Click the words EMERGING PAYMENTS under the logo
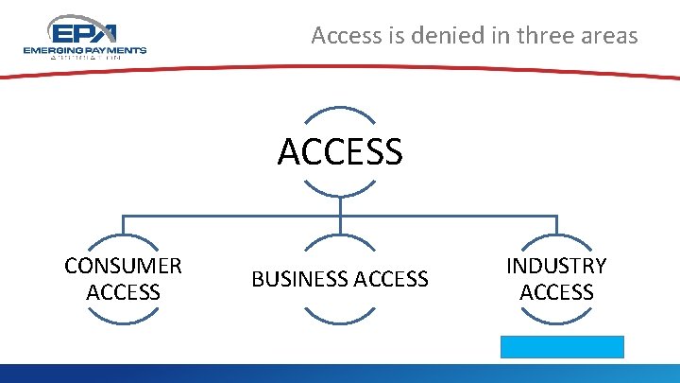coord(84,50)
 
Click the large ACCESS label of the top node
coord(340,151)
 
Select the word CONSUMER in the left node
coord(123,266)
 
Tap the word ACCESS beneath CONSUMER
coord(123,292)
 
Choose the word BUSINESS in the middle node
coord(296,279)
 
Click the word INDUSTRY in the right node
coord(556,266)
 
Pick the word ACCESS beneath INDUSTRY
coord(556,292)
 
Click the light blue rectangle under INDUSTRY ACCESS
coord(562,346)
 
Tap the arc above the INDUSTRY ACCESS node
coord(556,237)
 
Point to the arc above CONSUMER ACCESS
coord(123,237)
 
